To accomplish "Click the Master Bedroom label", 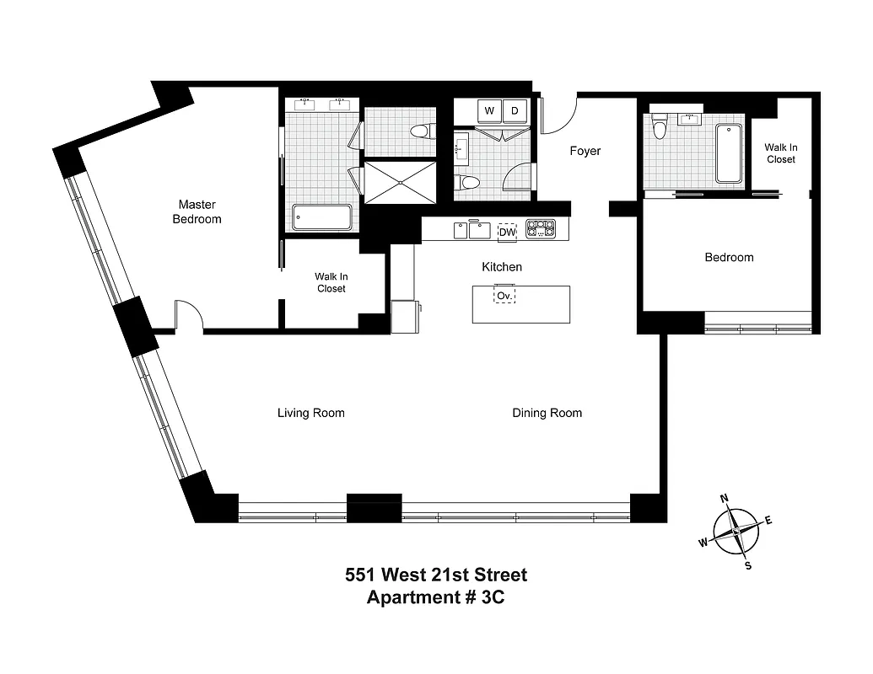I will click(x=197, y=211).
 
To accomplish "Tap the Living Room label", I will click(x=310, y=413).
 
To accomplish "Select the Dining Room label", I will click(x=547, y=413).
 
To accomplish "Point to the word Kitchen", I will click(x=501, y=267).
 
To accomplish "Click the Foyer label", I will click(x=585, y=151).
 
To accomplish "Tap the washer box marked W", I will click(x=489, y=110).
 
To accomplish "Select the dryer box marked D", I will click(x=515, y=110).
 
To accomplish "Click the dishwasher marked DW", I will click(x=507, y=232).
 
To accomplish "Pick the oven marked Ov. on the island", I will click(x=504, y=296).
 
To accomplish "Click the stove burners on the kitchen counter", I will click(x=540, y=229).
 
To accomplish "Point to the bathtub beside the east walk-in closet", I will click(x=728, y=152).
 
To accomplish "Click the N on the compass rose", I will click(x=724, y=498).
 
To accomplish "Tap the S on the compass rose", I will click(x=747, y=565).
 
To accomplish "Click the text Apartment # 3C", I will click(x=435, y=597).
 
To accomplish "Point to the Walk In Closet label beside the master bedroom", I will click(x=331, y=282).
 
